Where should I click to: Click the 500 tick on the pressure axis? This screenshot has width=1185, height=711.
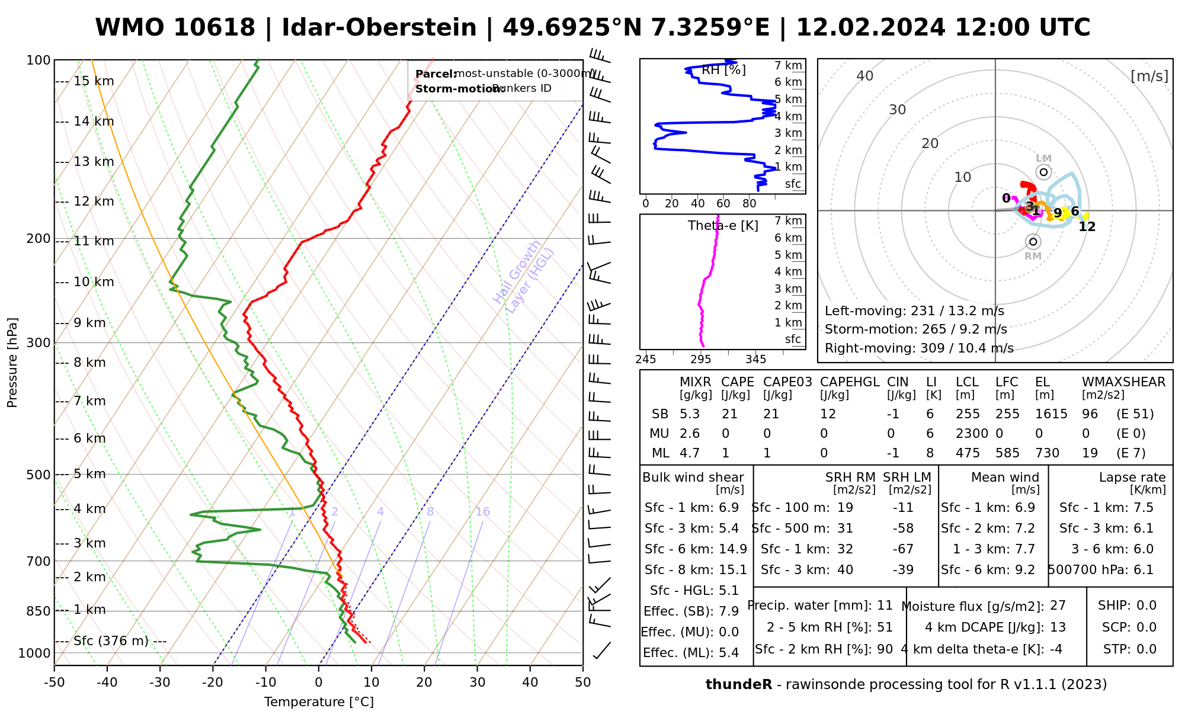tap(39, 475)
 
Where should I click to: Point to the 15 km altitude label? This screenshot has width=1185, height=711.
tap(94, 81)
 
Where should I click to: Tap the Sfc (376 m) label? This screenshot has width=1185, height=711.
tap(111, 641)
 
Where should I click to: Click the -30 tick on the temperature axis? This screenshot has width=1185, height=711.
tap(160, 683)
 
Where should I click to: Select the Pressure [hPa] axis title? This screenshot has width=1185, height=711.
tap(12, 363)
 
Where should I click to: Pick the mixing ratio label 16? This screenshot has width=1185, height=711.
tap(482, 512)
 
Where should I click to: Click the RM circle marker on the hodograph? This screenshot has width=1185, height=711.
tap(1033, 242)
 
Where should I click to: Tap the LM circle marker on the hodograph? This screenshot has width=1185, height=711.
tap(1043, 172)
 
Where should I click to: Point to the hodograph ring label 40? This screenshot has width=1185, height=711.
tap(865, 76)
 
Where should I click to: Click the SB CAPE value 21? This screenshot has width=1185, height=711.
tap(729, 414)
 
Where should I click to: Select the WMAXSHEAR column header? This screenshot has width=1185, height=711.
tap(1123, 382)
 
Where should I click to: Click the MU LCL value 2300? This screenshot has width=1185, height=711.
tap(972, 434)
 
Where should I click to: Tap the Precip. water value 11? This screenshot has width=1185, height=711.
tap(885, 606)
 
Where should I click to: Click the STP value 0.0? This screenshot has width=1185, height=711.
tap(1146, 649)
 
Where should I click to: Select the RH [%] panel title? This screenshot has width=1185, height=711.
tap(723, 70)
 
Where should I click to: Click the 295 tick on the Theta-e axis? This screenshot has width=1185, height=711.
tap(701, 360)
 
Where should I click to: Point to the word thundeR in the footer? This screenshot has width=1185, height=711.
tap(739, 685)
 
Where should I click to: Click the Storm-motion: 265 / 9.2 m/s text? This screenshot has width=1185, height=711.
tap(915, 329)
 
